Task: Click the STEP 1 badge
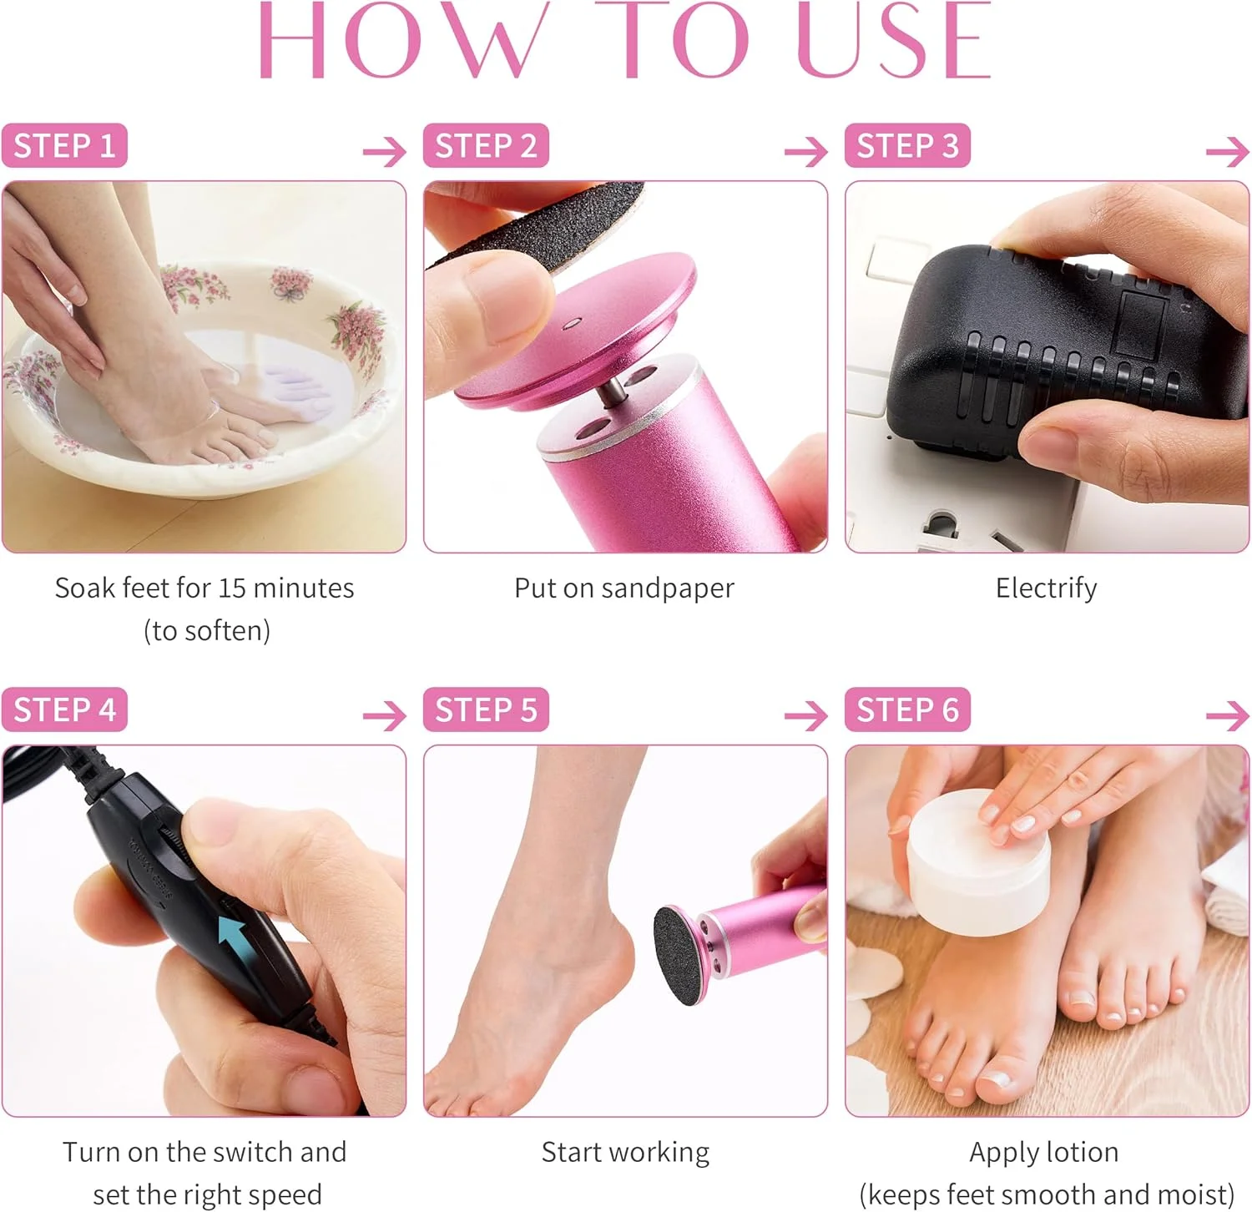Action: pos(64,145)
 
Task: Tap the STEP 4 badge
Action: pos(64,710)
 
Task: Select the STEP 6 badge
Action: pos(907,710)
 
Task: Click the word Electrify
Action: pos(1046,588)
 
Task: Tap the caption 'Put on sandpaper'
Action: pos(624,588)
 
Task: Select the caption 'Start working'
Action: pos(625,1153)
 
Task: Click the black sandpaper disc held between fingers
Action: pos(534,225)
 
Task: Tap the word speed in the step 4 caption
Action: pos(281,1195)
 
